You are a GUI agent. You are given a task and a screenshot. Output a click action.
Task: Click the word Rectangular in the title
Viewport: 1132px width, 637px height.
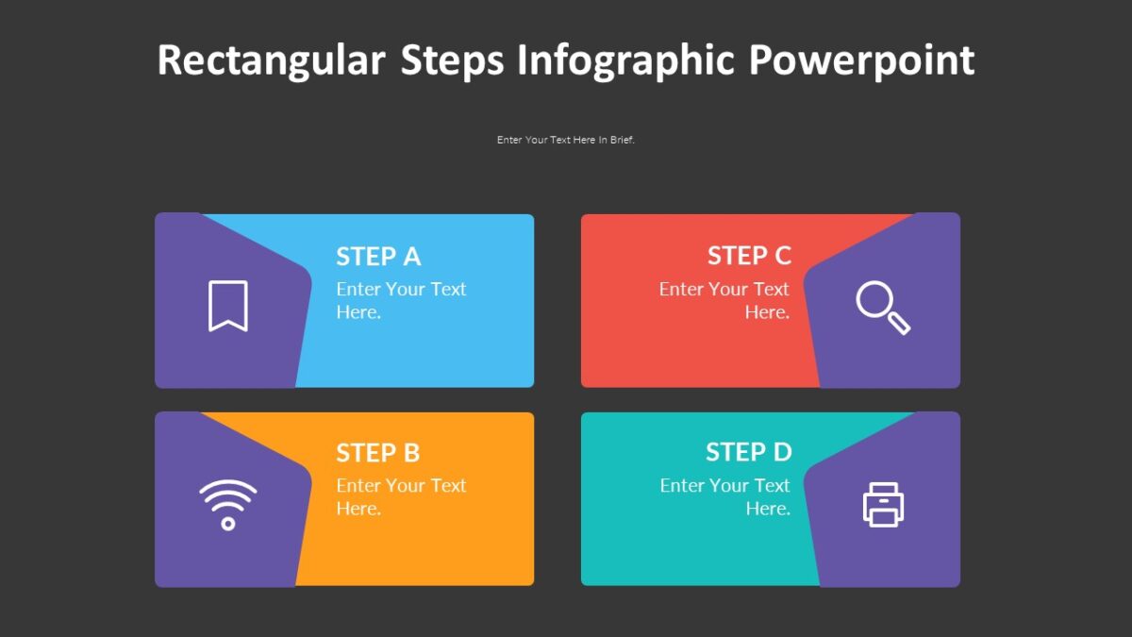271,60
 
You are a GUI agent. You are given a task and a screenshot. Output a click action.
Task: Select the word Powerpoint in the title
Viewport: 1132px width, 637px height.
861,60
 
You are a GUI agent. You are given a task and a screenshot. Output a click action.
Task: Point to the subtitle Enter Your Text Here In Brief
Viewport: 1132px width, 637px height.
566,140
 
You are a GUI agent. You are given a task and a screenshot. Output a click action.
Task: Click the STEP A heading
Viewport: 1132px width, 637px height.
378,257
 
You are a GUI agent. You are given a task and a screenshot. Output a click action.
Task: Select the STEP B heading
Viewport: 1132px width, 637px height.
377,453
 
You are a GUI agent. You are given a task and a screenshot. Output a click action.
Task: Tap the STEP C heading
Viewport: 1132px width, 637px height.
749,256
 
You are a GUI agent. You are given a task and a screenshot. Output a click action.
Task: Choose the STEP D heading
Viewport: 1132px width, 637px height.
749,452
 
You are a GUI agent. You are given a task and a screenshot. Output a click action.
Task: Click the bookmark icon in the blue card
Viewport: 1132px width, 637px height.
228,306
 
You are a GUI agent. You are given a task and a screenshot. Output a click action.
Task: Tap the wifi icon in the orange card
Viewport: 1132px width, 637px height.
227,504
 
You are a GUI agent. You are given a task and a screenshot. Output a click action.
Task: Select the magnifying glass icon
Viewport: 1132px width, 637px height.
882,308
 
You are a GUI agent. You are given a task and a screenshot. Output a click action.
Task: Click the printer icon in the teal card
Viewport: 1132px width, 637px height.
883,504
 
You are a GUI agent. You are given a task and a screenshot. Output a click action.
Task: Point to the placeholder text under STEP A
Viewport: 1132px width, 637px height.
401,300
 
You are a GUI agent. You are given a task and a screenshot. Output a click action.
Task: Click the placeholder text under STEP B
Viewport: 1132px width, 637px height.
401,496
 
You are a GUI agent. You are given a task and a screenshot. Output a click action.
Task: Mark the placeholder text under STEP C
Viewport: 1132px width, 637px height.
724,300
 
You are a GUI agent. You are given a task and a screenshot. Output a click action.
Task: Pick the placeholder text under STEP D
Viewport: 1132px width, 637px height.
725,496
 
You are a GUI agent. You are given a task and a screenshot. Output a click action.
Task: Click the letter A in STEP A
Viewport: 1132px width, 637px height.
411,257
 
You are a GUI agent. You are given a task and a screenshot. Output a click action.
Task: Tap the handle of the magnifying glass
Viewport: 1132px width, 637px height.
900,324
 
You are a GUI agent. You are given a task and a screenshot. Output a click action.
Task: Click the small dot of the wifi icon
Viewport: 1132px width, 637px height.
227,523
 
